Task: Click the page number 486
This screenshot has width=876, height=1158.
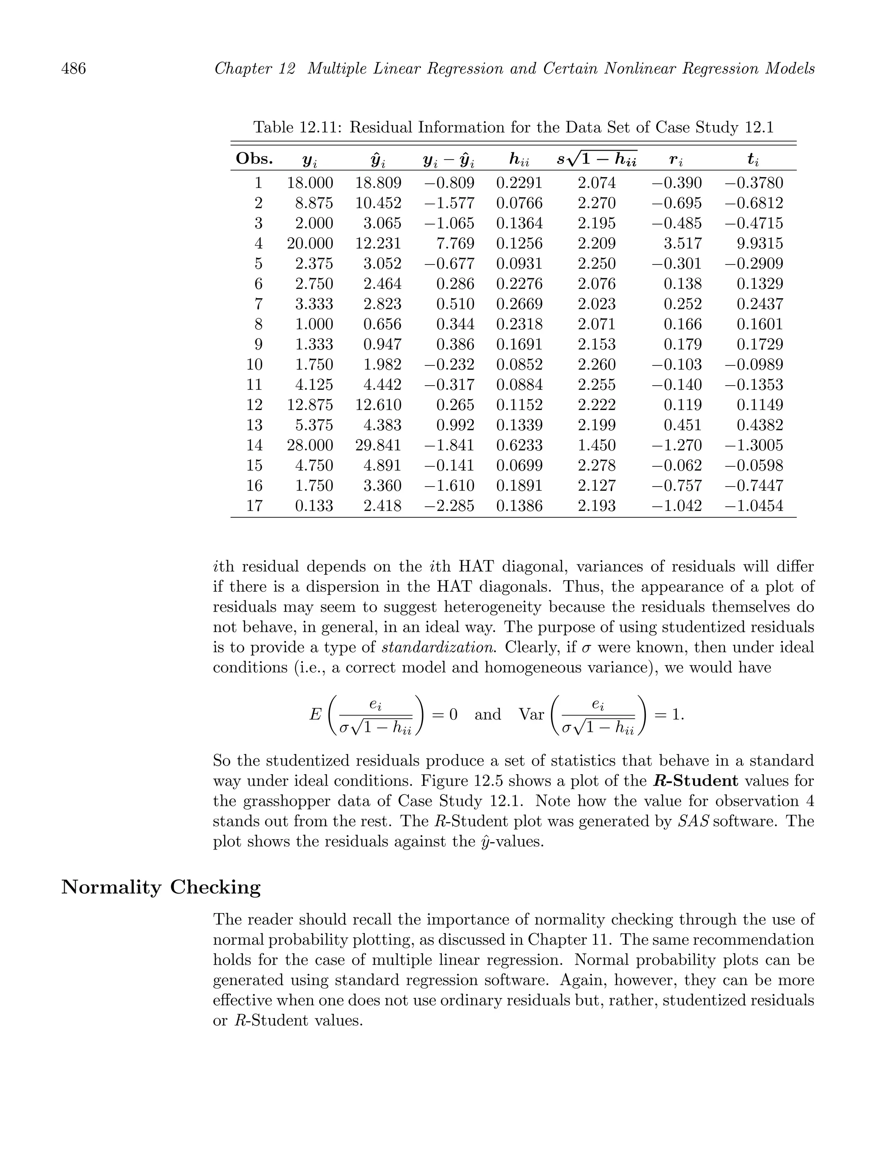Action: (x=74, y=68)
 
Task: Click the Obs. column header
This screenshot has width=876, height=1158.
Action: (x=255, y=159)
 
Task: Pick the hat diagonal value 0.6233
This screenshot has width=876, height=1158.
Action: (x=519, y=445)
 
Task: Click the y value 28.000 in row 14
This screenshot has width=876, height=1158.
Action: (x=310, y=445)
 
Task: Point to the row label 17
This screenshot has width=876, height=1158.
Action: (x=255, y=506)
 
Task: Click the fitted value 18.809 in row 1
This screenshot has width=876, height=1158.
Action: (x=379, y=183)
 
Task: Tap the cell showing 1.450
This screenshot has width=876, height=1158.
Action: (x=597, y=445)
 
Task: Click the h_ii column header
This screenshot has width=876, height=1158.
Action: (x=519, y=160)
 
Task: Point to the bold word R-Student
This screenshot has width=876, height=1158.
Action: (x=696, y=781)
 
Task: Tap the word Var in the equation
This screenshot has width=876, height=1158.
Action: (x=531, y=714)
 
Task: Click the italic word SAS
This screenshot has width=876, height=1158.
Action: (x=693, y=821)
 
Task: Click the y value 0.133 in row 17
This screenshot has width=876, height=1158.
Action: (x=314, y=506)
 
